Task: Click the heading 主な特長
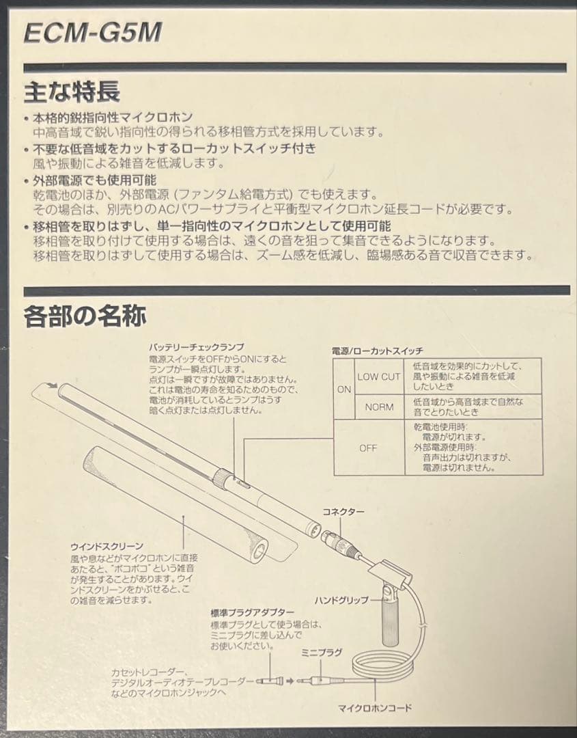[x=72, y=91]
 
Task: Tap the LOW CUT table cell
[x=379, y=377]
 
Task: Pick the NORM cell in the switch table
[x=379, y=407]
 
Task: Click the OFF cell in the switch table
[x=368, y=448]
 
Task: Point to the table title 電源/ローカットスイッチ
[x=378, y=350]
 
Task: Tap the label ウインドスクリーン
[x=107, y=546]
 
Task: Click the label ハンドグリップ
[x=341, y=600]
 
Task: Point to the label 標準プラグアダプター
[x=253, y=612]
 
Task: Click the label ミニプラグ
[x=321, y=653]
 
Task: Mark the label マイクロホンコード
[x=375, y=707]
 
